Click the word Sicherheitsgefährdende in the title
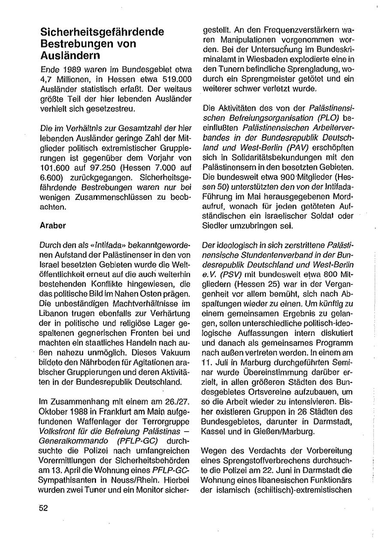click(102, 32)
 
